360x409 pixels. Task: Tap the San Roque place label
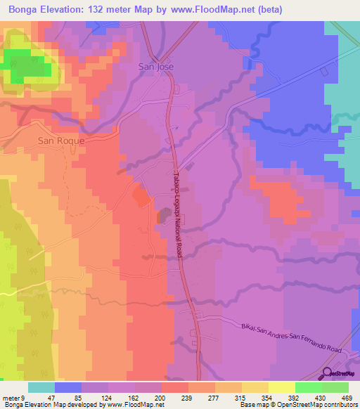click(60, 141)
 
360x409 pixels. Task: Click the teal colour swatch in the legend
click(41, 387)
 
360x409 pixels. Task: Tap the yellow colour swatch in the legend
click(281, 387)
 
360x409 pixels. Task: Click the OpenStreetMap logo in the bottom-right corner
click(340, 374)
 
